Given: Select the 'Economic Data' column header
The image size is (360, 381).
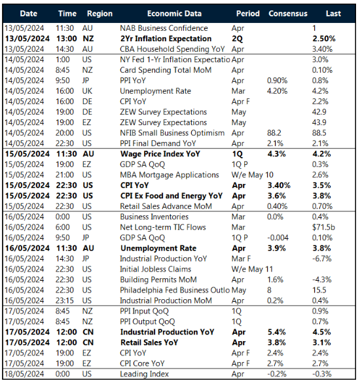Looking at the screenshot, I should [x=173, y=13].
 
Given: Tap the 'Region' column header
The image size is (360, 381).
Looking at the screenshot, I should [x=99, y=13].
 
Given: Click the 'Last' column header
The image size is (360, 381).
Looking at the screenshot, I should [x=333, y=13].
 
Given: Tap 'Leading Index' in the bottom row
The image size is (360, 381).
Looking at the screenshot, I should [x=145, y=374].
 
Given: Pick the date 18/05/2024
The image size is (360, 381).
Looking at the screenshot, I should [x=26, y=374].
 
